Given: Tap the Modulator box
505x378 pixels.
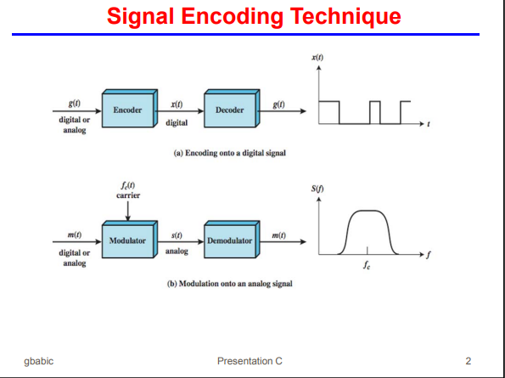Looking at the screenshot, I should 128,241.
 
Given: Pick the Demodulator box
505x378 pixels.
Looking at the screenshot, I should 230,241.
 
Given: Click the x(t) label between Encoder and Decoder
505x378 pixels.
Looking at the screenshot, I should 177,104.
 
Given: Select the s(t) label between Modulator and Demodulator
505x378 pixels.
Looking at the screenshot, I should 177,234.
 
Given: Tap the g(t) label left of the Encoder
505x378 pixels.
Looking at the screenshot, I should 74,104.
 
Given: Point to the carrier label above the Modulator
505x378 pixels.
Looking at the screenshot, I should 127,195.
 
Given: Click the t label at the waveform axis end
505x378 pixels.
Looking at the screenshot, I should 429,125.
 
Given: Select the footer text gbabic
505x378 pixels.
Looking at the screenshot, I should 39,361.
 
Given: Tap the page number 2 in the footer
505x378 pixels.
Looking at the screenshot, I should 468,361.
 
